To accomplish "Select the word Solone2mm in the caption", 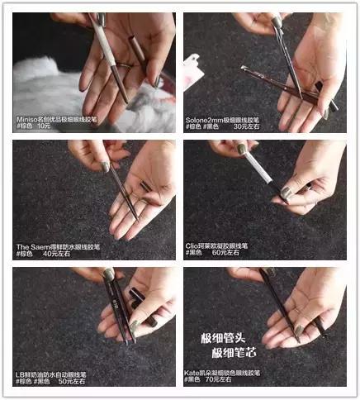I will tap(204, 117).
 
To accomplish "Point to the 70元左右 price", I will tap(246, 382).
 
